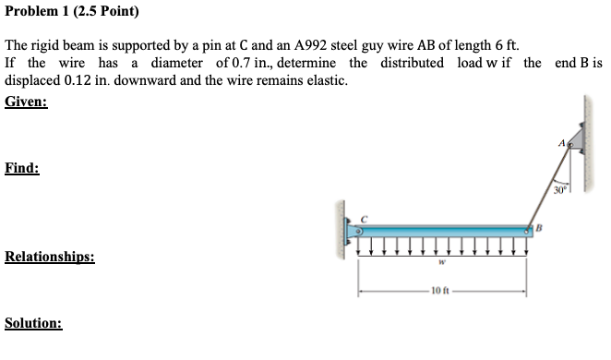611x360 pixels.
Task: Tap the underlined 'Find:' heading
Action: click(22, 168)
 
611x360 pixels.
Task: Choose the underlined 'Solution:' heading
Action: click(34, 324)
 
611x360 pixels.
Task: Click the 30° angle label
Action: click(560, 190)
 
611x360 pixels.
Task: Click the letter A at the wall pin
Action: click(563, 140)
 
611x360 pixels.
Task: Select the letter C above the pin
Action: click(365, 219)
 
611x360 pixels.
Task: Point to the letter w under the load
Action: click(442, 262)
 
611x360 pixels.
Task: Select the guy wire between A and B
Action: click(551, 185)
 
